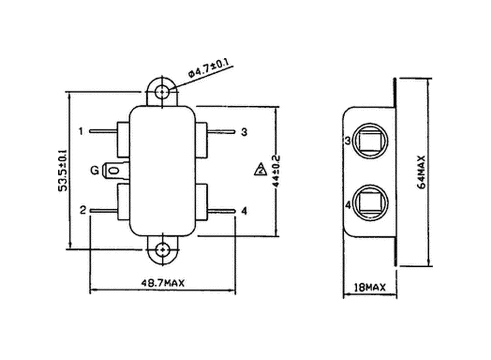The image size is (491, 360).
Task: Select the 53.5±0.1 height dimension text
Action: (62, 170)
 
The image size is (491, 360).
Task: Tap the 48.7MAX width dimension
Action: (163, 283)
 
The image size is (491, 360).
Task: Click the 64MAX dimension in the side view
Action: (421, 172)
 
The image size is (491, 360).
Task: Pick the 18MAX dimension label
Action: (369, 288)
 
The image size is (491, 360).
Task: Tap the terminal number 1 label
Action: (82, 131)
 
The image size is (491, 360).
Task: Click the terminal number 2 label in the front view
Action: (83, 210)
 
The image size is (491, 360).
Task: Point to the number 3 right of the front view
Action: (244, 132)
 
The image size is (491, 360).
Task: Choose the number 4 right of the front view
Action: (244, 211)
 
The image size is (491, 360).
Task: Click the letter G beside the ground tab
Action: (94, 170)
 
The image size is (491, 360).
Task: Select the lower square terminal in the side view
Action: (370, 204)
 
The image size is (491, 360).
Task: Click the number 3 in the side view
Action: (348, 141)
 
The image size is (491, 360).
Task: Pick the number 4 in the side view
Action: (348, 205)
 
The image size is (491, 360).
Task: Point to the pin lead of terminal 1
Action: (103, 131)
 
